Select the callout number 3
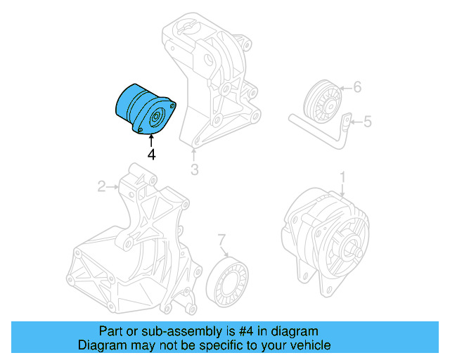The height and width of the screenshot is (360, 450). pyautogui.click(x=195, y=169)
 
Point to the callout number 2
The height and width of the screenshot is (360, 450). pyautogui.click(x=101, y=186)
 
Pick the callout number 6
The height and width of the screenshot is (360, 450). pyautogui.click(x=356, y=88)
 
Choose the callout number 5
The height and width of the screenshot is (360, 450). pyautogui.click(x=366, y=122)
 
